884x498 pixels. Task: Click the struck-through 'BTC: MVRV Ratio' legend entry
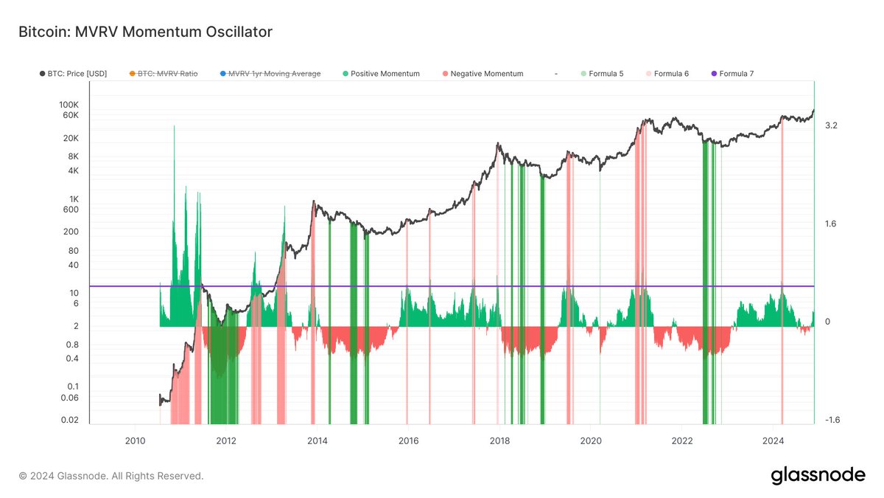tap(164, 74)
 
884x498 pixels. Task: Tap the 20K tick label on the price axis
tap(71, 139)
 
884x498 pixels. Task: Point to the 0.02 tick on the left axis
tap(70, 421)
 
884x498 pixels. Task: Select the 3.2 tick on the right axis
tap(831, 126)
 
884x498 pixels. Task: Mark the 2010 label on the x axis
tap(135, 441)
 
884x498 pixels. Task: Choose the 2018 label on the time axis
tap(499, 441)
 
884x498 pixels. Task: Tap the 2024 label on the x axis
tap(773, 441)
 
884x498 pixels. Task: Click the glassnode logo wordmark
tap(818, 476)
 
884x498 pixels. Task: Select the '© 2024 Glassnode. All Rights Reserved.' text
tap(110, 477)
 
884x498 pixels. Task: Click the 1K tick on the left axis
tap(74, 199)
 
